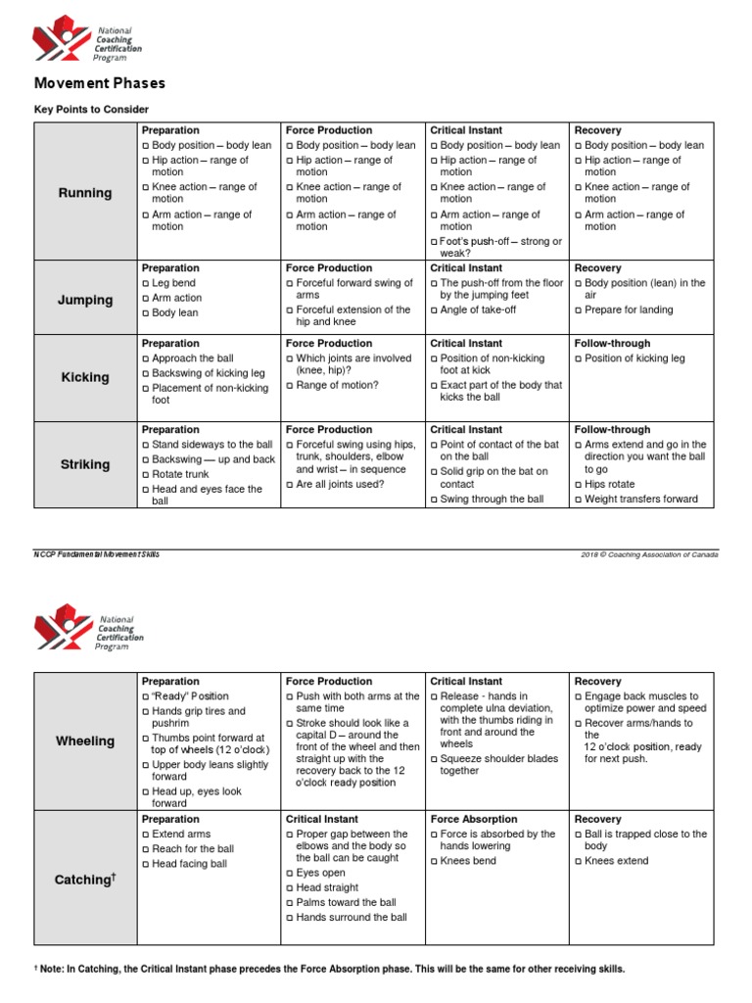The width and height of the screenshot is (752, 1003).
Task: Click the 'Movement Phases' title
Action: pos(100,83)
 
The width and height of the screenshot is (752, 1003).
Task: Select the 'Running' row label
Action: pos(86,193)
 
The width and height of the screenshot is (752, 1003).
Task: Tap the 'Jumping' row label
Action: pos(86,300)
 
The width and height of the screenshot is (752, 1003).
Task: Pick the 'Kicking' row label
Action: pos(86,377)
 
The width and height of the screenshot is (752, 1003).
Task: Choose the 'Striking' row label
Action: pos(86,464)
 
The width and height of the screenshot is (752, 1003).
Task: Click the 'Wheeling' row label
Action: pos(86,741)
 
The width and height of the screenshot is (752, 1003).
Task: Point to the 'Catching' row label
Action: pos(86,881)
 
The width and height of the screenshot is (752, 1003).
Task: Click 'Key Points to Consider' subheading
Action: pos(91,110)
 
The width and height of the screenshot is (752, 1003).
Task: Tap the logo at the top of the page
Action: pos(87,39)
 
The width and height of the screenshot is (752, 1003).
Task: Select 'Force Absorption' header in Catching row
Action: pos(478,819)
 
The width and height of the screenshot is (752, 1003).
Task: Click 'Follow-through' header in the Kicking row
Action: pos(612,344)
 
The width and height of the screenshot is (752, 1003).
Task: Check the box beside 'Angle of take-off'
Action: pos(435,310)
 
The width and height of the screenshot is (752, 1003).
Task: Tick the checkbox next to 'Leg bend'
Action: pos(146,283)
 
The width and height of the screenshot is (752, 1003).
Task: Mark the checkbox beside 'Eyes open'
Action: pos(290,872)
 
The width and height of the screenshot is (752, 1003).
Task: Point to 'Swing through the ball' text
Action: pos(492,500)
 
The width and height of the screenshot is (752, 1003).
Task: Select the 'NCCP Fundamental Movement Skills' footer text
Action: pos(97,554)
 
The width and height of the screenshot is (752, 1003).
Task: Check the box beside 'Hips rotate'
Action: pos(579,485)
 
